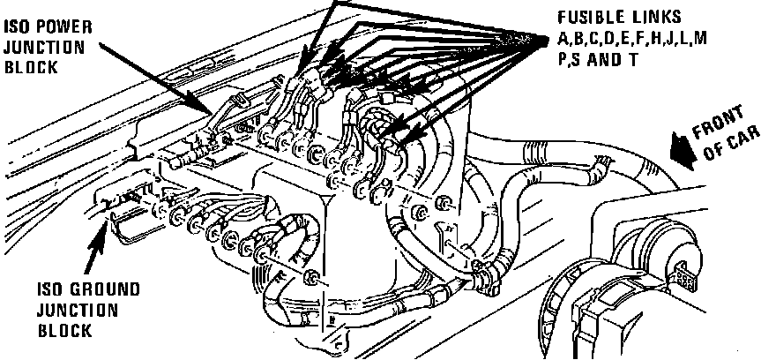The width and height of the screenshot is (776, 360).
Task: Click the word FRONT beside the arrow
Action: (x=720, y=124)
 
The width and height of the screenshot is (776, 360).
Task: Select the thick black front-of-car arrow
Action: (x=679, y=146)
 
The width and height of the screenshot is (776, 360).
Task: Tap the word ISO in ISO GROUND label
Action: (x=49, y=290)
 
